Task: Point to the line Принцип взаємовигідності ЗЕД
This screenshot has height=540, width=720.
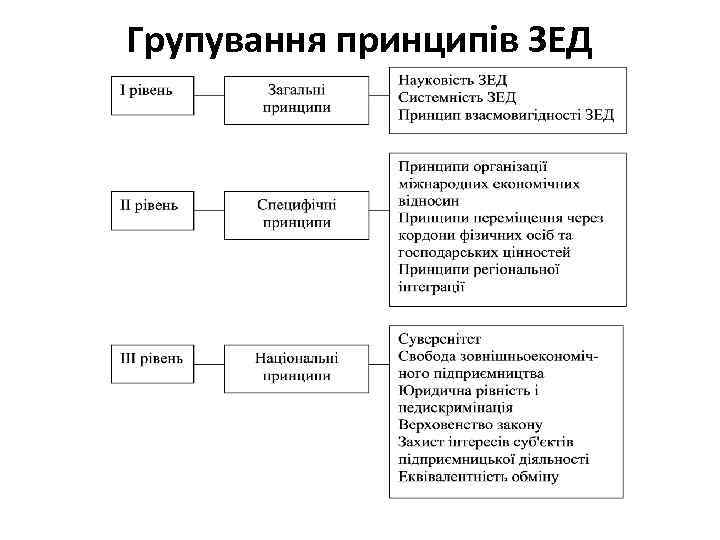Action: tap(505, 114)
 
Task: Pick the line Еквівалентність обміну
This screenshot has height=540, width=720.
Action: tap(478, 477)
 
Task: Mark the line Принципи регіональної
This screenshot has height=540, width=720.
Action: tap(478, 270)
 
